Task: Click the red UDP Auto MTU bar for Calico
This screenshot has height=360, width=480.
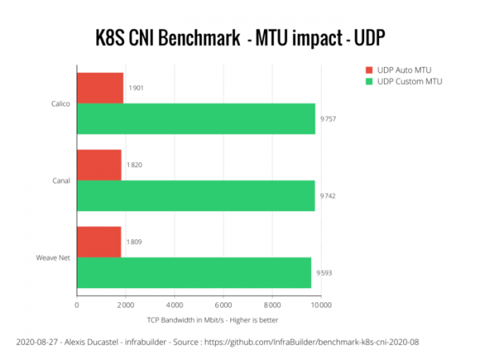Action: pyautogui.click(x=100, y=87)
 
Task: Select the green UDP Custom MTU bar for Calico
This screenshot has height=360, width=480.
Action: pyautogui.click(x=195, y=118)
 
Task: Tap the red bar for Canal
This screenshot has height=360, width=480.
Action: pyautogui.click(x=99, y=165)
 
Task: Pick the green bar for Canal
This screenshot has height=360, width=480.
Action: pyautogui.click(x=195, y=195)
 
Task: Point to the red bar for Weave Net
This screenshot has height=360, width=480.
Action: pyautogui.click(x=99, y=242)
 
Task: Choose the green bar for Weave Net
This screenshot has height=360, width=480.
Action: pyautogui.click(x=194, y=272)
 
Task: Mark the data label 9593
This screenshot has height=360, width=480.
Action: pyautogui.click(x=323, y=272)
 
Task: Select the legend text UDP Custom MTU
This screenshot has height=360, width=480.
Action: pyautogui.click(x=410, y=82)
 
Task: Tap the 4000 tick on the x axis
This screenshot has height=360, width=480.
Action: pyautogui.click(x=174, y=304)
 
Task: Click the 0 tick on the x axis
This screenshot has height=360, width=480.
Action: pyautogui.click(x=77, y=304)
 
